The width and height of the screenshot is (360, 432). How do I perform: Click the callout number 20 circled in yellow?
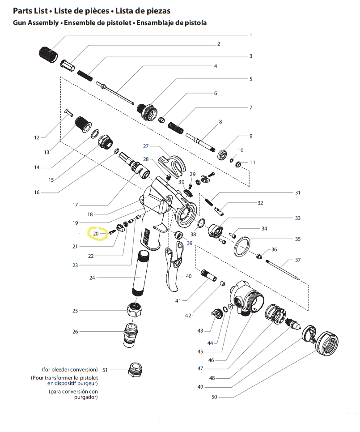pyautogui.click(x=96, y=233)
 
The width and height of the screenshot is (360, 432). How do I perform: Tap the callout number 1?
pyautogui.click(x=251, y=35)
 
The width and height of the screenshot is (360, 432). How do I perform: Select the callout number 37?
pyautogui.click(x=298, y=260)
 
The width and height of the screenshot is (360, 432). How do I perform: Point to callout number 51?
pyautogui.click(x=105, y=370)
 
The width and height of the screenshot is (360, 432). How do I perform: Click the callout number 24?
pyautogui.click(x=92, y=278)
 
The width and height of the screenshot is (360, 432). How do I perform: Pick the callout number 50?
pyautogui.click(x=214, y=397)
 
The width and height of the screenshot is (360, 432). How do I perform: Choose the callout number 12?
pyautogui.click(x=37, y=137)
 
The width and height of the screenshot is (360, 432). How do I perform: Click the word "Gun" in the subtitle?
pyautogui.click(x=20, y=22)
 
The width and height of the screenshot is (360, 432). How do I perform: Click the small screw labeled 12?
pyautogui.click(x=69, y=112)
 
